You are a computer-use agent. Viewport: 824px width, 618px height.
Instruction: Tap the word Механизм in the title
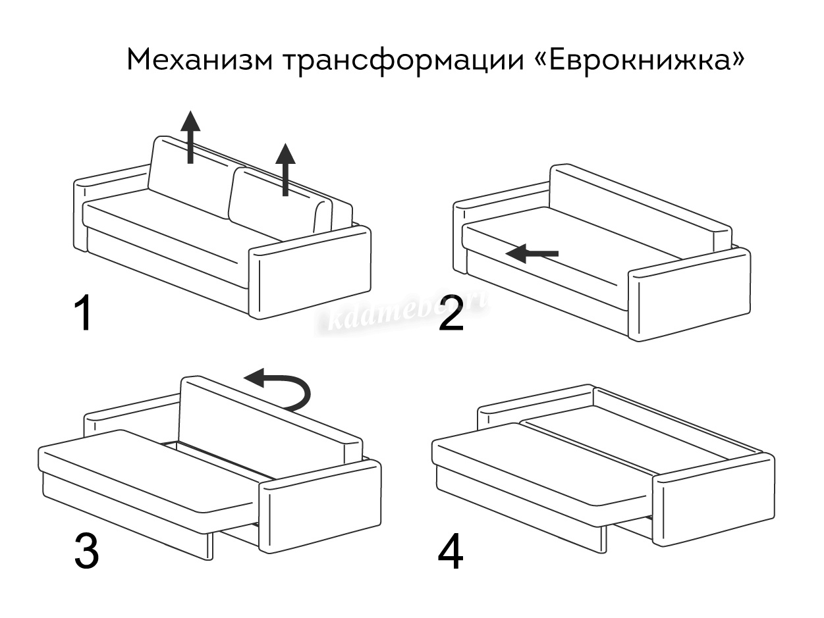(198, 60)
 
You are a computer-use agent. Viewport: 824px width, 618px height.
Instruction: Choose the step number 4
(451, 552)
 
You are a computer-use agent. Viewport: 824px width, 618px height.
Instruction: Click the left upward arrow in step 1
(190, 136)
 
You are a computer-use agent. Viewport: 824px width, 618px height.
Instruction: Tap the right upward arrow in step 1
(285, 169)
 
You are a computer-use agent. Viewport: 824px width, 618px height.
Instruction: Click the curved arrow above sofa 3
(280, 389)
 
